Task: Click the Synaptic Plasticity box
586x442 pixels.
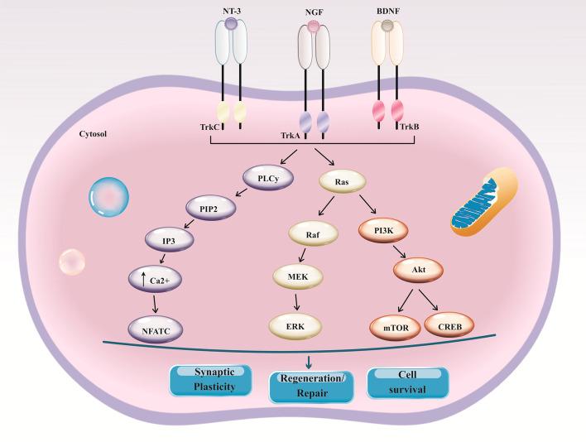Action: pos(209,380)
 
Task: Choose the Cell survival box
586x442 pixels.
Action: pos(407,380)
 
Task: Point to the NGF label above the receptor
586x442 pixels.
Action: pos(314,12)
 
